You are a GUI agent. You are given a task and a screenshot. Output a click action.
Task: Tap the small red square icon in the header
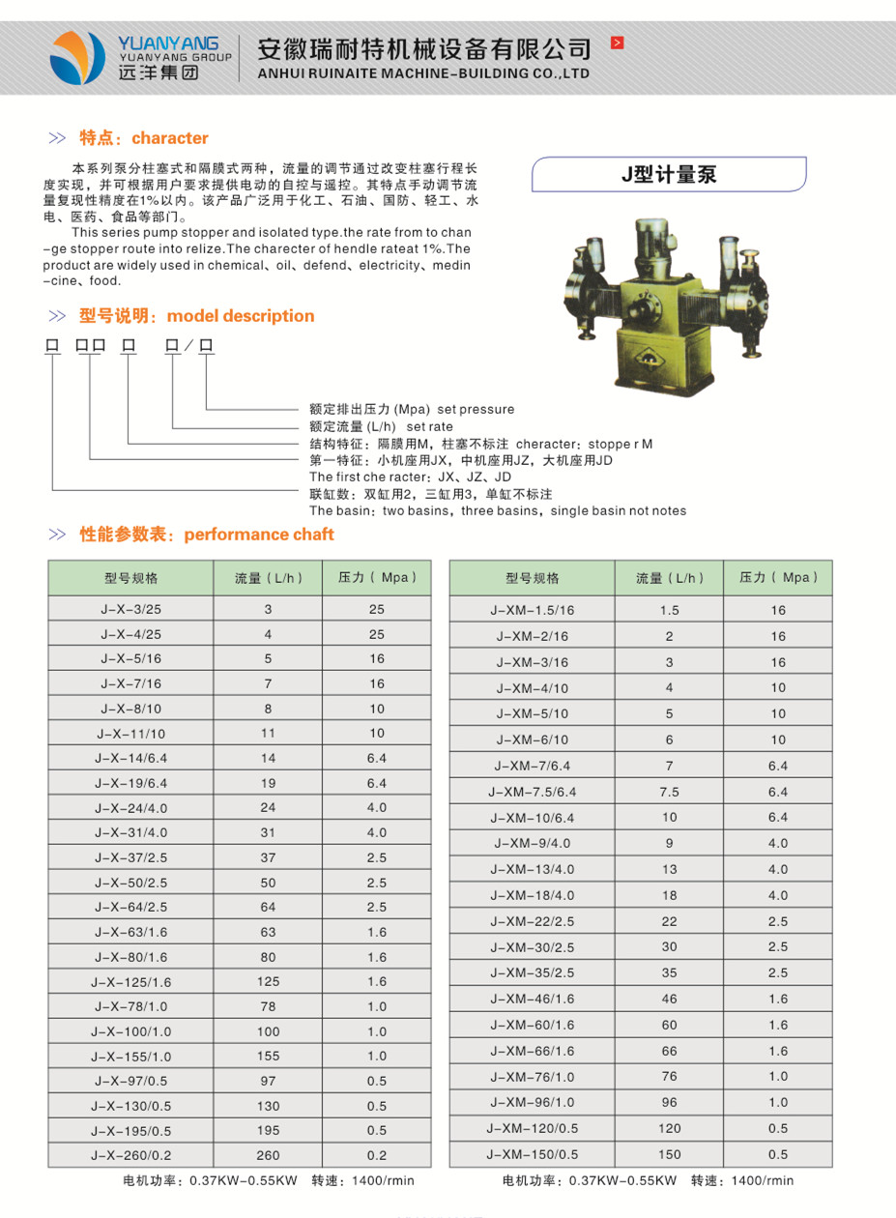tap(618, 43)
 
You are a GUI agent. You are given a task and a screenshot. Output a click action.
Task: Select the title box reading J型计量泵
tap(669, 175)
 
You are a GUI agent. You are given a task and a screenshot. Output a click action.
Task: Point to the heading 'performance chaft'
tap(258, 535)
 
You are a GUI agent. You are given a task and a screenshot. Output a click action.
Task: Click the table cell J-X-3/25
tap(130, 609)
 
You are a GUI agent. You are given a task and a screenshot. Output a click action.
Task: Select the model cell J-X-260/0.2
tap(130, 1155)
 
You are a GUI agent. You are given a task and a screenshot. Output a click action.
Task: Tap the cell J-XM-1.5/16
tap(535, 610)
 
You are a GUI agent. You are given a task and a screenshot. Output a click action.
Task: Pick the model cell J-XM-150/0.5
tap(534, 1154)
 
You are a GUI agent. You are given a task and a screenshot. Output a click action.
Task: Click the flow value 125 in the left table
tap(268, 981)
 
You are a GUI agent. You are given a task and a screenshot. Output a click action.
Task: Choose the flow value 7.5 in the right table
tap(669, 792)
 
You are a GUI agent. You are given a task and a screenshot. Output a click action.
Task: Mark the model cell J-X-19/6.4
tap(130, 783)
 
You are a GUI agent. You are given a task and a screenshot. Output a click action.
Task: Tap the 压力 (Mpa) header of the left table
tap(377, 578)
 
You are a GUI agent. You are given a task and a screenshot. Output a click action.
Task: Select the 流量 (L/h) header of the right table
tap(670, 578)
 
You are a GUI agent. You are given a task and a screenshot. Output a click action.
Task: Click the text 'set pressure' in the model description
tap(476, 409)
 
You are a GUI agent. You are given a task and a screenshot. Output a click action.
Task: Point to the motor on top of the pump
tap(652, 240)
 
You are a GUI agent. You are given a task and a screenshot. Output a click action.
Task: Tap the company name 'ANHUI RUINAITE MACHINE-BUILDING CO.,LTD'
tap(424, 73)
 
